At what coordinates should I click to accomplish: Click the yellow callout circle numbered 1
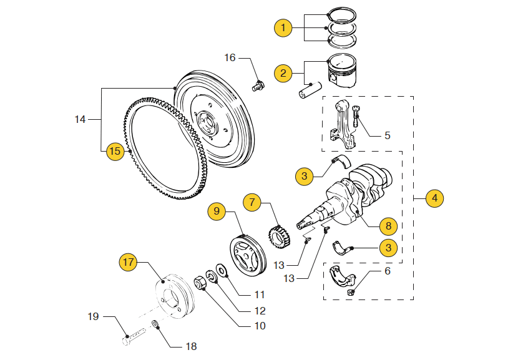point(283,27)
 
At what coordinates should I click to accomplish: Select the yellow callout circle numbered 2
point(283,74)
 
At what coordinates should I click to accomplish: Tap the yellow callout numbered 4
point(435,198)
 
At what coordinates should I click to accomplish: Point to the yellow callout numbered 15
point(115,151)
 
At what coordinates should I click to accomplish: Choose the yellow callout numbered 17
point(128,263)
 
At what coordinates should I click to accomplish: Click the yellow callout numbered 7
point(252,202)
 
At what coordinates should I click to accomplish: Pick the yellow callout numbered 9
point(217,211)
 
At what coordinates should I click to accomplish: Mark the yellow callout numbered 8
point(388,225)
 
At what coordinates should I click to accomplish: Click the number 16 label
point(230,57)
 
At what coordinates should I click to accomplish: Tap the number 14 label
point(79,118)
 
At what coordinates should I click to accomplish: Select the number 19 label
point(93,317)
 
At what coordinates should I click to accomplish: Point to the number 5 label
point(387,135)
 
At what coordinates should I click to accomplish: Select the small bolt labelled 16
point(258,85)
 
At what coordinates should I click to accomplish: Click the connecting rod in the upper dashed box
point(342,122)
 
